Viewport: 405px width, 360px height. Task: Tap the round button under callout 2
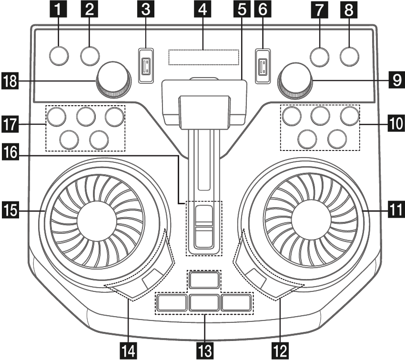pos(90,56)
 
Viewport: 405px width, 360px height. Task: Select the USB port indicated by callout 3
pos(146,66)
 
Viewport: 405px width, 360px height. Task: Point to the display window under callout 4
pos(203,57)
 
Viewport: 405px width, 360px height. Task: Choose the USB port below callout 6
pos(261,66)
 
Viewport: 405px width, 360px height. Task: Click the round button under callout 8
pos(350,56)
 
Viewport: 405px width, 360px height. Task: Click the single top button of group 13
pos(204,280)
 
